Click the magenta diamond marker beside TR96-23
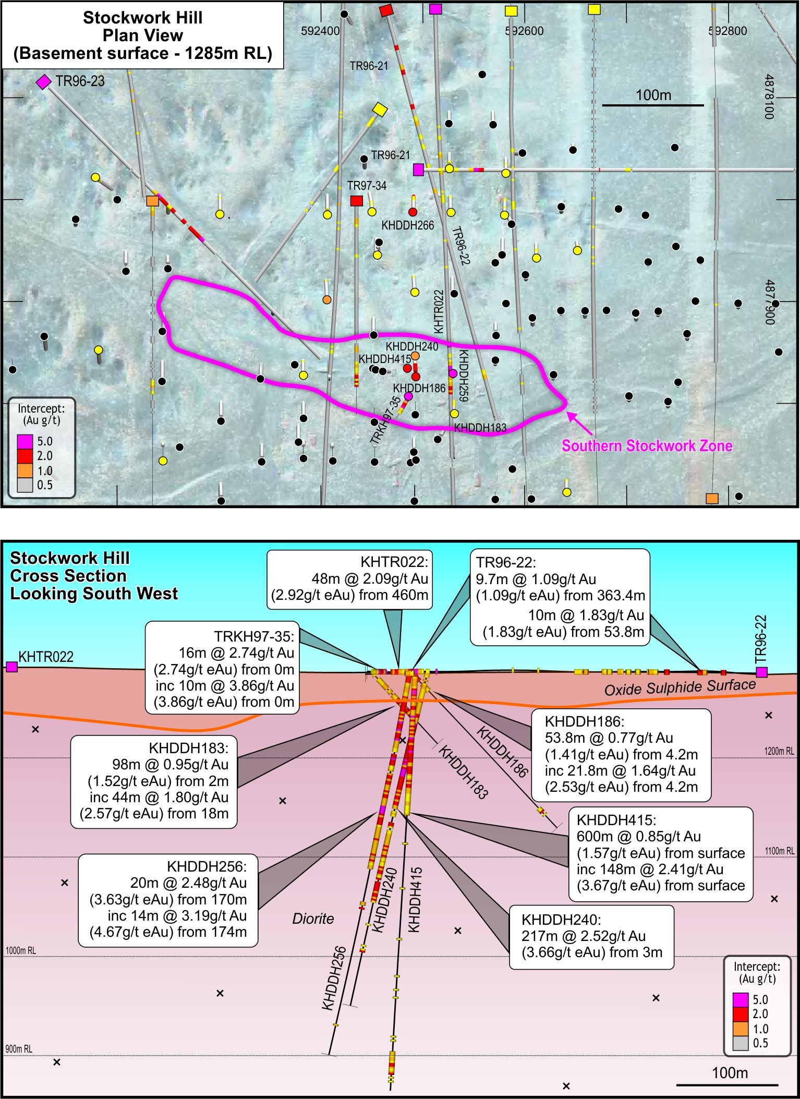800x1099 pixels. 44,82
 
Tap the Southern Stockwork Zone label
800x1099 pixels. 647,446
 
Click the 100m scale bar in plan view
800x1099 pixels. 653,105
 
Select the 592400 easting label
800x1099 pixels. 320,31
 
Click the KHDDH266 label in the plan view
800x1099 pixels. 407,225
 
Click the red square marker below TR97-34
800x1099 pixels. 356,201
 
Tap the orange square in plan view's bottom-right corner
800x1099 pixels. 712,498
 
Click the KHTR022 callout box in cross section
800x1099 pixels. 350,579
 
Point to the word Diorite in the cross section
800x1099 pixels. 313,919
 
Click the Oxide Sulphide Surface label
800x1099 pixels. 680,687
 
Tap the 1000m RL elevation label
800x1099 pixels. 21,951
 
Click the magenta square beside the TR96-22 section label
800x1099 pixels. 761,672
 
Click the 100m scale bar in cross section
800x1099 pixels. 730,1084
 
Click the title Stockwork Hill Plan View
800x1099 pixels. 142,35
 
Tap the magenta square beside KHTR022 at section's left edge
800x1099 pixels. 11,667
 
